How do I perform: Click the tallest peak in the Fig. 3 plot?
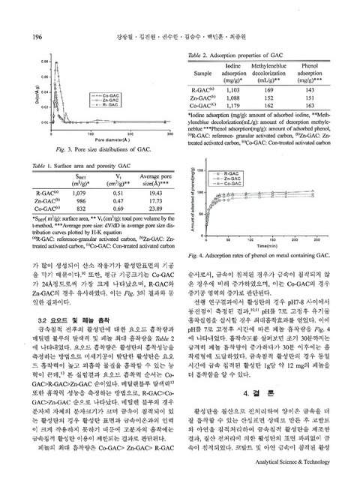click(49, 62)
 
